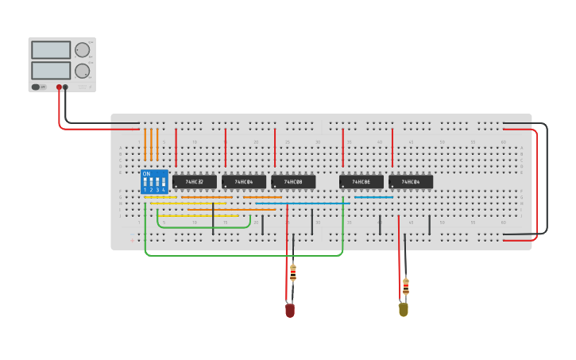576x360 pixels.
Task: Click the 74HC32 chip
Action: tap(195, 182)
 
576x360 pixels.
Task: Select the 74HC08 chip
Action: tap(293, 182)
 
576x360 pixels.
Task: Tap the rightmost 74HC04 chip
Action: tap(411, 182)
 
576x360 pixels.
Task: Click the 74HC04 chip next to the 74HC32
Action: tap(244, 182)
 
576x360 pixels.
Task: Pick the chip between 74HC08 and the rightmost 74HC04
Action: tap(361, 182)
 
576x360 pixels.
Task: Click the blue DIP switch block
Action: tap(154, 182)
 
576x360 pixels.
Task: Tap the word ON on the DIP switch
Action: tap(146, 173)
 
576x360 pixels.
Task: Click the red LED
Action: tap(290, 310)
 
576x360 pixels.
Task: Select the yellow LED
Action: tap(404, 309)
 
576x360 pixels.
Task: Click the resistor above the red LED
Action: tap(293, 273)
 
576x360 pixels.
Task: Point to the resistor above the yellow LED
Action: tap(406, 286)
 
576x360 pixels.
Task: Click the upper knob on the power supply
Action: tap(82, 50)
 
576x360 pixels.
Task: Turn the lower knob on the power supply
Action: tap(82, 71)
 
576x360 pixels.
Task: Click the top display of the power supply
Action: tap(51, 50)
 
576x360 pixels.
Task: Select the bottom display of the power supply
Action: tap(51, 71)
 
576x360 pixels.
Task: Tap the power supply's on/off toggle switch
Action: tap(37, 87)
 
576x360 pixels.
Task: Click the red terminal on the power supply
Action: tap(59, 87)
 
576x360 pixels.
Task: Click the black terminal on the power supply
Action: tap(66, 87)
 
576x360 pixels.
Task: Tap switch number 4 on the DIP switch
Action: tap(163, 182)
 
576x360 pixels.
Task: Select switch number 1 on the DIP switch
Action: tap(145, 182)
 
